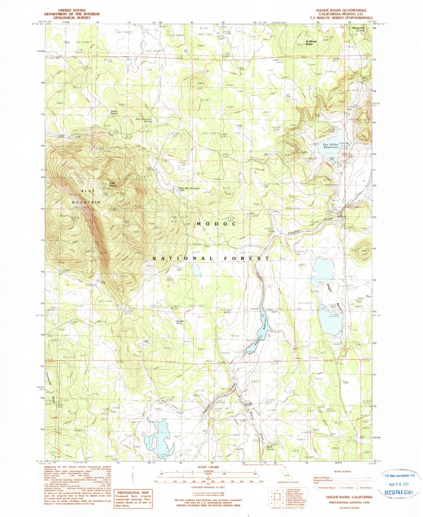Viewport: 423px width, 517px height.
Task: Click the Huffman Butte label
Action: point(311,43)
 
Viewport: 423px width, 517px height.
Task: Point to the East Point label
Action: point(112,184)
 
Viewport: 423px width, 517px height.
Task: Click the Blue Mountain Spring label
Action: point(144,120)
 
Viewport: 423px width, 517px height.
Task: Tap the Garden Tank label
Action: point(179,322)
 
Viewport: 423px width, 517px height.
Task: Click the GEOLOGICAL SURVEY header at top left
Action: point(72,18)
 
